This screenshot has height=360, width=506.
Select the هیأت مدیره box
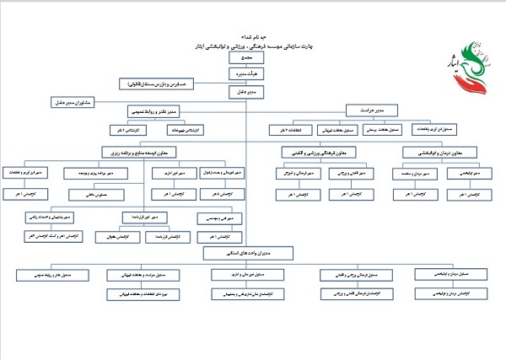pos(244,73)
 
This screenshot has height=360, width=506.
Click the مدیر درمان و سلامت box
pos(412,173)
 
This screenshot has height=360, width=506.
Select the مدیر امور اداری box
pos(167,173)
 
